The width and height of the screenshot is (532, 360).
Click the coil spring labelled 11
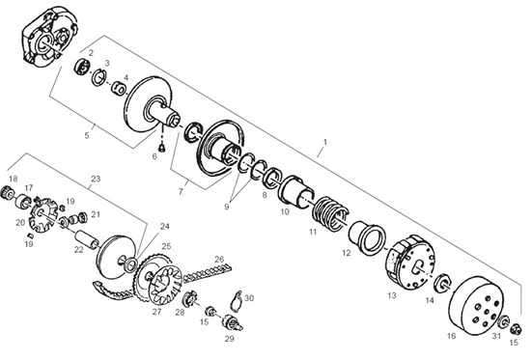(330, 212)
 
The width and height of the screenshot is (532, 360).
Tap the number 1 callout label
(325, 142)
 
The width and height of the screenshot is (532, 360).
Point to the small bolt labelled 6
(161, 147)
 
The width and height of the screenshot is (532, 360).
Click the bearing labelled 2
(82, 66)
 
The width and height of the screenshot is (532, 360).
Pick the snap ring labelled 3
(99, 77)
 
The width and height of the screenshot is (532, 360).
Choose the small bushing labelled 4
(119, 88)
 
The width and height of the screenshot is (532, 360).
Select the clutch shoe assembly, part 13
(410, 262)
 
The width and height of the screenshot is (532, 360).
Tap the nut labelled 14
(443, 282)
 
